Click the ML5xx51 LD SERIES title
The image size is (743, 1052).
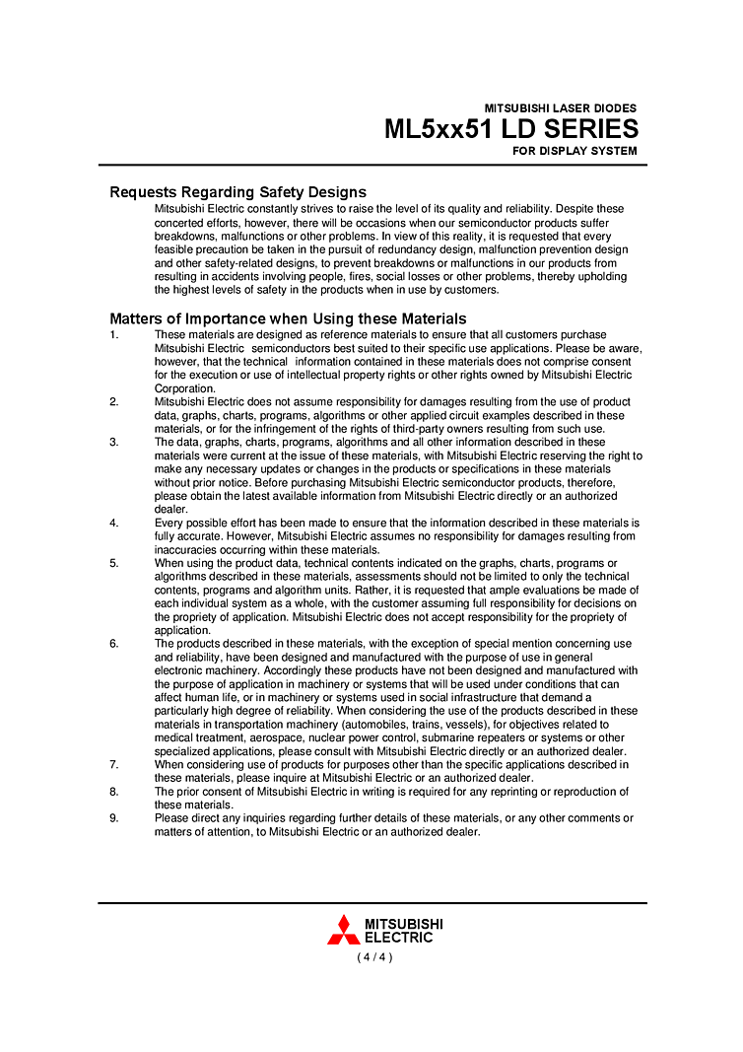(x=510, y=129)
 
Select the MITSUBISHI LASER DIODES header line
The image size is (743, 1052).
(x=560, y=108)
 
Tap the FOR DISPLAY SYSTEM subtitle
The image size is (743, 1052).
(x=574, y=152)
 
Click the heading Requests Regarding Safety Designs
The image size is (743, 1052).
(x=237, y=192)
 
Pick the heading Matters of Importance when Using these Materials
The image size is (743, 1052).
(x=288, y=318)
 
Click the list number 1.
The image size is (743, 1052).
(x=113, y=335)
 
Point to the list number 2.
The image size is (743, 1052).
(x=113, y=402)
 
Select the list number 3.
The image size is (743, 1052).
(x=113, y=443)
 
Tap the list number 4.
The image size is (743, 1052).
(x=113, y=523)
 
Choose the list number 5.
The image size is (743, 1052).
(x=113, y=563)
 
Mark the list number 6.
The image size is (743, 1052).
(x=113, y=644)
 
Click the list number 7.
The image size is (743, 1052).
(x=113, y=764)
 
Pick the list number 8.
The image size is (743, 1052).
(x=113, y=792)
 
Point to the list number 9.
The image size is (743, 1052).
(x=113, y=818)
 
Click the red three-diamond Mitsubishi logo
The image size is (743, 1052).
(x=343, y=930)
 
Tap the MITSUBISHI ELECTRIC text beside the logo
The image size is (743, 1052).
(x=403, y=931)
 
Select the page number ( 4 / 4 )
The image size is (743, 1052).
(x=374, y=957)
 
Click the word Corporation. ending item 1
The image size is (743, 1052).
(x=185, y=388)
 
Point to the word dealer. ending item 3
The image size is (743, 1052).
(x=170, y=510)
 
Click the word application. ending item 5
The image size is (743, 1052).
(x=182, y=630)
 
